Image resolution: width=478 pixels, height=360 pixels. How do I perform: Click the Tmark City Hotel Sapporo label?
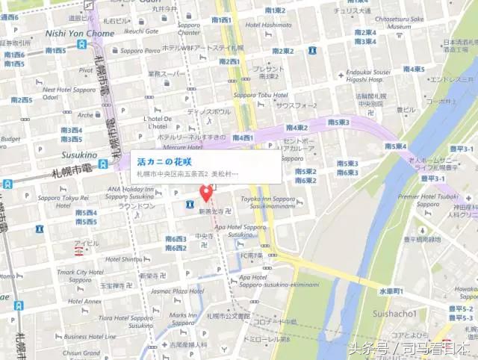pyautogui.click(x=79, y=276)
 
